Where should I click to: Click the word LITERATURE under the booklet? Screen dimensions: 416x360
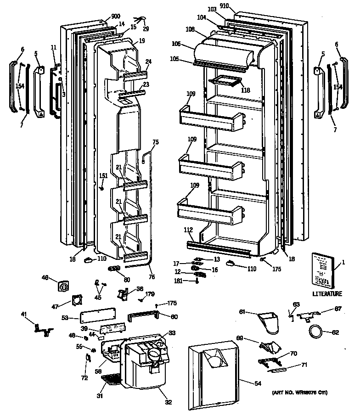pyautogui.click(x=327, y=294)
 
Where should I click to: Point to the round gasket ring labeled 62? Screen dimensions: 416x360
pyautogui.click(x=315, y=331)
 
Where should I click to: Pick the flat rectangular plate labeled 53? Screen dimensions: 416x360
pyautogui.click(x=96, y=317)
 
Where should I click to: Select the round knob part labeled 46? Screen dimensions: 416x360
pyautogui.click(x=63, y=286)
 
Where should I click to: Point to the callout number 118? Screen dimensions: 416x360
pyautogui.click(x=246, y=90)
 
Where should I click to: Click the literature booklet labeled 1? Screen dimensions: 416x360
pyautogui.click(x=324, y=270)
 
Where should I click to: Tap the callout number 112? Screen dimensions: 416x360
pyautogui.click(x=188, y=230)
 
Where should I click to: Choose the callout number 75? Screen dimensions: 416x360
pyautogui.click(x=156, y=142)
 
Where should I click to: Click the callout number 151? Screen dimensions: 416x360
pyautogui.click(x=104, y=175)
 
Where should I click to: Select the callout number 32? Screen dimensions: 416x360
pyautogui.click(x=169, y=403)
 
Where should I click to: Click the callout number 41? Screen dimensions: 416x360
pyautogui.click(x=23, y=315)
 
